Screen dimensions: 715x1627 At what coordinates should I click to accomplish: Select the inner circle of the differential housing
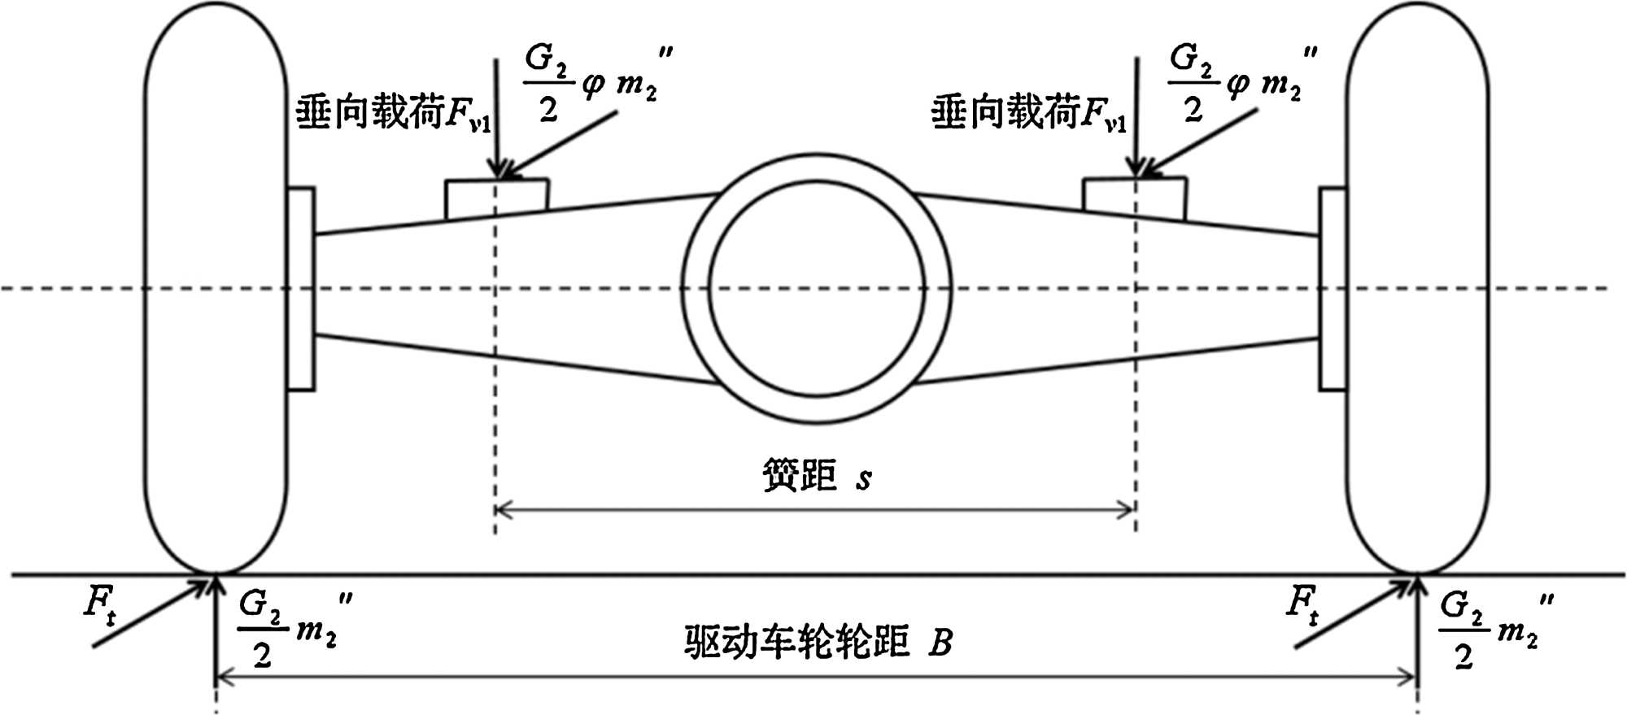coord(817,288)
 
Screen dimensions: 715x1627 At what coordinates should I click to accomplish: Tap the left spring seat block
coord(496,198)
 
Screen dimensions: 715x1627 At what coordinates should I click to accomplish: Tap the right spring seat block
coord(1134,198)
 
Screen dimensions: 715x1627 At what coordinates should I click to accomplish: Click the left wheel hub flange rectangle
coord(301,288)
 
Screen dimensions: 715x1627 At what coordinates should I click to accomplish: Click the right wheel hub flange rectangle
coord(1332,288)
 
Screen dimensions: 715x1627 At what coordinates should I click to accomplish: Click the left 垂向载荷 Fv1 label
coord(392,112)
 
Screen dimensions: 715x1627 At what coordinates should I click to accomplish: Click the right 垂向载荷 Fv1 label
coord(1028,112)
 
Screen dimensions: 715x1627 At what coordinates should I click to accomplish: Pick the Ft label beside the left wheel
coord(99,606)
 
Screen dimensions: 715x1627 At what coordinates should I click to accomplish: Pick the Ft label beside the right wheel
coord(1303,606)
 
